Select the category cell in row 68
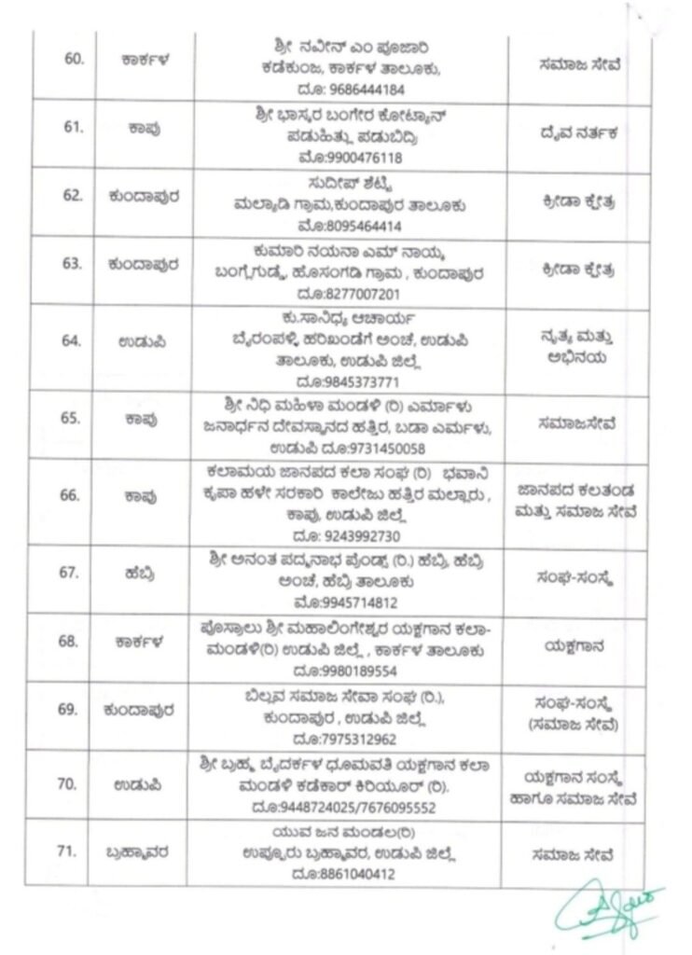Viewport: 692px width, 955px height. click(x=575, y=643)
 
